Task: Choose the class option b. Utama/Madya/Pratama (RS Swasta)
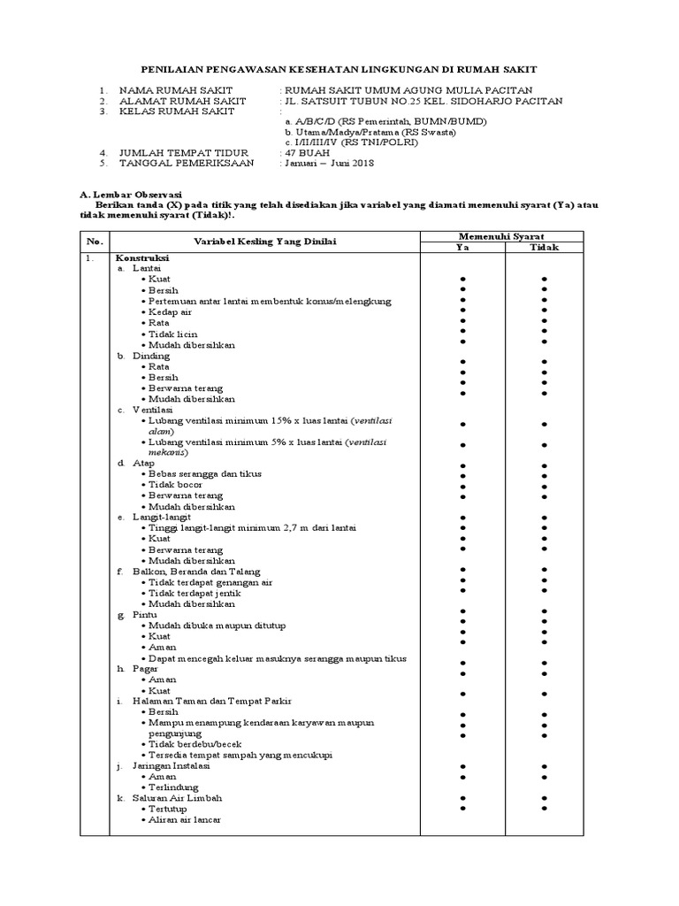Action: coord(370,132)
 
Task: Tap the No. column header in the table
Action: coord(95,242)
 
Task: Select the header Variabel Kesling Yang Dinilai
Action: coord(264,242)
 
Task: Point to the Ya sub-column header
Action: coord(462,248)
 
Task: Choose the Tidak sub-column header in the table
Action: coord(544,248)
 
